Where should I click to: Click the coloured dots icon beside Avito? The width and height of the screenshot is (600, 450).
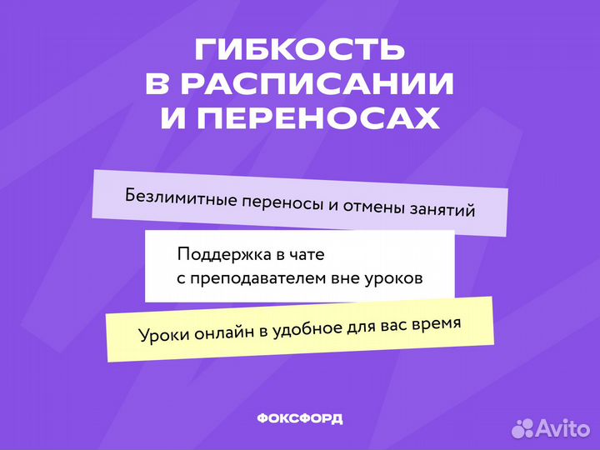pyautogui.click(x=522, y=427)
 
